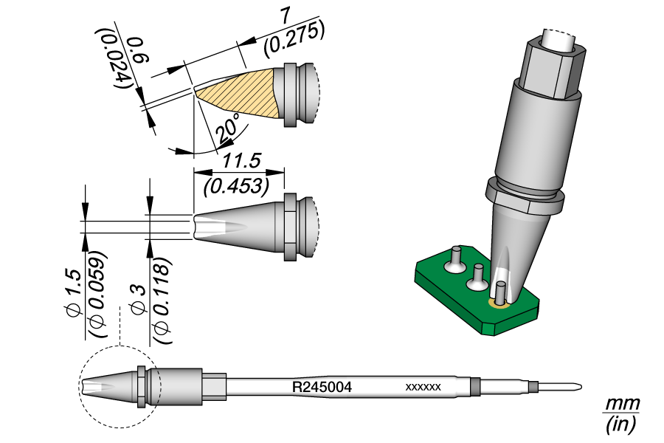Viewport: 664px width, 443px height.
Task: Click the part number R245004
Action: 321,386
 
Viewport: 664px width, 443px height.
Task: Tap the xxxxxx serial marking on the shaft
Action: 423,387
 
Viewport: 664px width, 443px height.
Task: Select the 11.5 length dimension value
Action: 238,161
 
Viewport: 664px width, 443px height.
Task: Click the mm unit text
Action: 620,405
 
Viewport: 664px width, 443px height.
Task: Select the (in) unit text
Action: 620,425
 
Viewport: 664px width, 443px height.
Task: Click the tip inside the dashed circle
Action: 103,385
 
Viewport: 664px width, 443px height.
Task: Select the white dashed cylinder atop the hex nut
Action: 563,39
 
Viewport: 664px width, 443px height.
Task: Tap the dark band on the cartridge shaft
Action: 475,386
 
